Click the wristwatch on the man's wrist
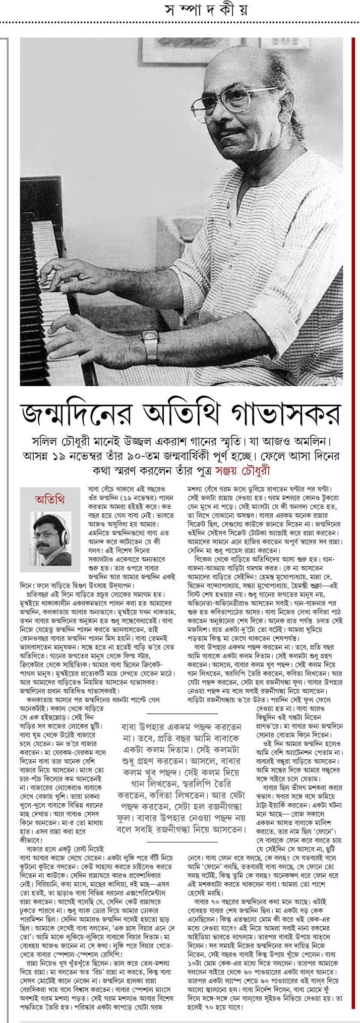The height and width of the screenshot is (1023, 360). click(x=150, y=341)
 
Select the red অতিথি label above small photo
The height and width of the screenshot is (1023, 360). click(x=51, y=499)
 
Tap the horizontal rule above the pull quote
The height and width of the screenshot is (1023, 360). click(x=181, y=713)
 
